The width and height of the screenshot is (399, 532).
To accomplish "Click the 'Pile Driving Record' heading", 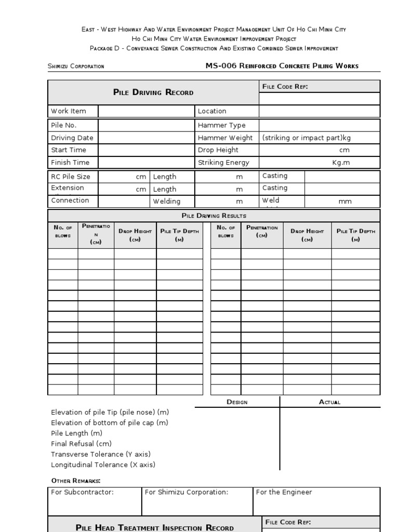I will click(x=153, y=92).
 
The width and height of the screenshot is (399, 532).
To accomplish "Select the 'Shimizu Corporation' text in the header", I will click(x=76, y=66).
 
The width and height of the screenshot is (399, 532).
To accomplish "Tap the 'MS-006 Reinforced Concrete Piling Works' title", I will click(x=282, y=66).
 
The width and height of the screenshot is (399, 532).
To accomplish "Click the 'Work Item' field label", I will click(x=69, y=111).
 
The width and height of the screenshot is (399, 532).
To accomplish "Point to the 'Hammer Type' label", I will click(x=221, y=125).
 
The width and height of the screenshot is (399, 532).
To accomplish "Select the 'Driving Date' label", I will click(x=72, y=138).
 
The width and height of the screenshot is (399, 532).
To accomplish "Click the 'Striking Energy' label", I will click(x=223, y=163).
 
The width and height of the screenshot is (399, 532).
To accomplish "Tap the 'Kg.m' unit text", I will click(x=341, y=163).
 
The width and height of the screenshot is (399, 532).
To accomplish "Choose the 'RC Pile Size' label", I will click(x=71, y=177).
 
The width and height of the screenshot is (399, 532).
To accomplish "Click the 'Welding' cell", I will click(x=167, y=202).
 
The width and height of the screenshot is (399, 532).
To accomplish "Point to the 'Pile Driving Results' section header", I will click(x=214, y=216).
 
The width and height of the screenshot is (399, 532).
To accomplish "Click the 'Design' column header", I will click(x=237, y=402).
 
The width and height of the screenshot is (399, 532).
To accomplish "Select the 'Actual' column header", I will click(x=329, y=402).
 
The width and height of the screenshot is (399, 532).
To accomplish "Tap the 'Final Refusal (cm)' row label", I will click(x=81, y=444).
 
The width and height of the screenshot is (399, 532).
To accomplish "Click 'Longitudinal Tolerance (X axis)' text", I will click(x=103, y=465).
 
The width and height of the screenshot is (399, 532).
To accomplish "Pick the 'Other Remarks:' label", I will click(x=76, y=481).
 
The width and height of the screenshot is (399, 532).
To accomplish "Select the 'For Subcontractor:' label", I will click(x=82, y=493).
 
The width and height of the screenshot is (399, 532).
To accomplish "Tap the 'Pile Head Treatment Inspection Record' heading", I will click(x=155, y=528).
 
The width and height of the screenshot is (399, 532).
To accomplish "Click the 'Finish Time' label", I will click(x=70, y=163).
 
